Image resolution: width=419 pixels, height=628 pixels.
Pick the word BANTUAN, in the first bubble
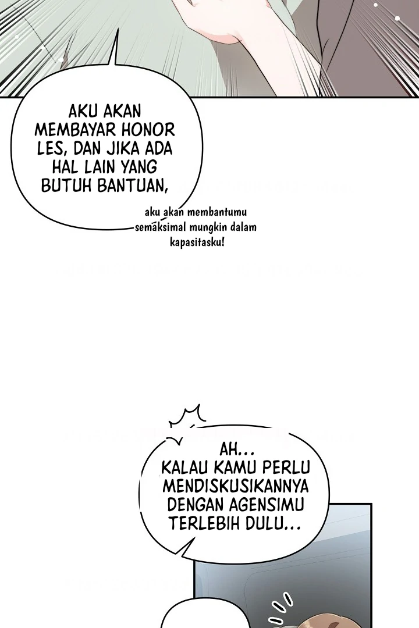132,186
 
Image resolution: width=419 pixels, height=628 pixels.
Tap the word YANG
136,167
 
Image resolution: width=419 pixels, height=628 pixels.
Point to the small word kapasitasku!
197,242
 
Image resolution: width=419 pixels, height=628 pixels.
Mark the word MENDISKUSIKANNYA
236,486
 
